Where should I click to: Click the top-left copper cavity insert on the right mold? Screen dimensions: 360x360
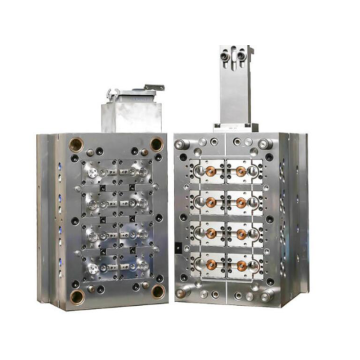click(210, 171)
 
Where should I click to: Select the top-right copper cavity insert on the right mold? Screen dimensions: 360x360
click(243, 171)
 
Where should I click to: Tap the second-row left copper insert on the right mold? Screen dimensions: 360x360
click(210, 203)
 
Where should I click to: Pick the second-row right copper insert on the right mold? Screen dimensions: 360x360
click(243, 203)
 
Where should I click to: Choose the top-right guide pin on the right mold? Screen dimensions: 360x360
click(265, 145)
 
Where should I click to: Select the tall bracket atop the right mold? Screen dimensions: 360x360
click(235, 85)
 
